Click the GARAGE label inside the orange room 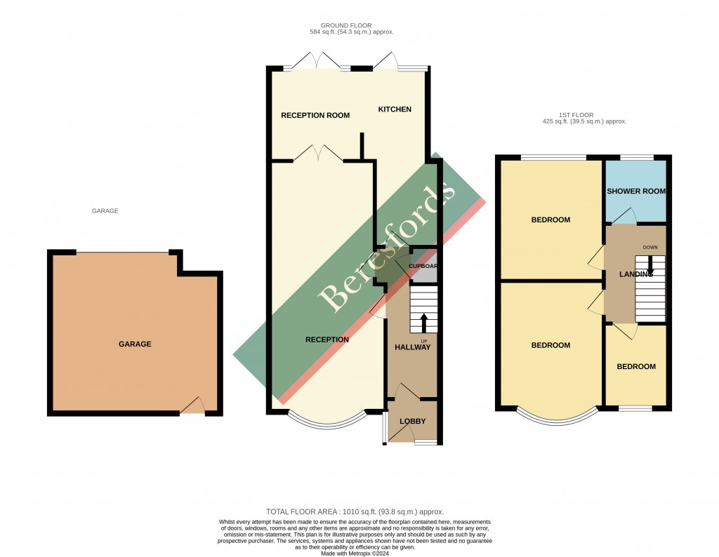coord(135,344)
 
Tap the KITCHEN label coord(395,109)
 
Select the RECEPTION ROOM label coord(315,116)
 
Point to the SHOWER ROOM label coord(636,192)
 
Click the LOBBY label coord(413,422)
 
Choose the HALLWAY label coord(412,347)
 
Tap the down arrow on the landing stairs coord(650,264)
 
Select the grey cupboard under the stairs coord(423,267)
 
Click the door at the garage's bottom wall coord(192,407)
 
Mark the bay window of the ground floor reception coord(327,421)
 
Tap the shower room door coord(625,215)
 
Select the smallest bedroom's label coord(636,367)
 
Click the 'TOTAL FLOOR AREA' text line coord(355,512)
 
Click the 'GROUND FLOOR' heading coord(351,25)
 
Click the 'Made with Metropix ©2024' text coord(355,553)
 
